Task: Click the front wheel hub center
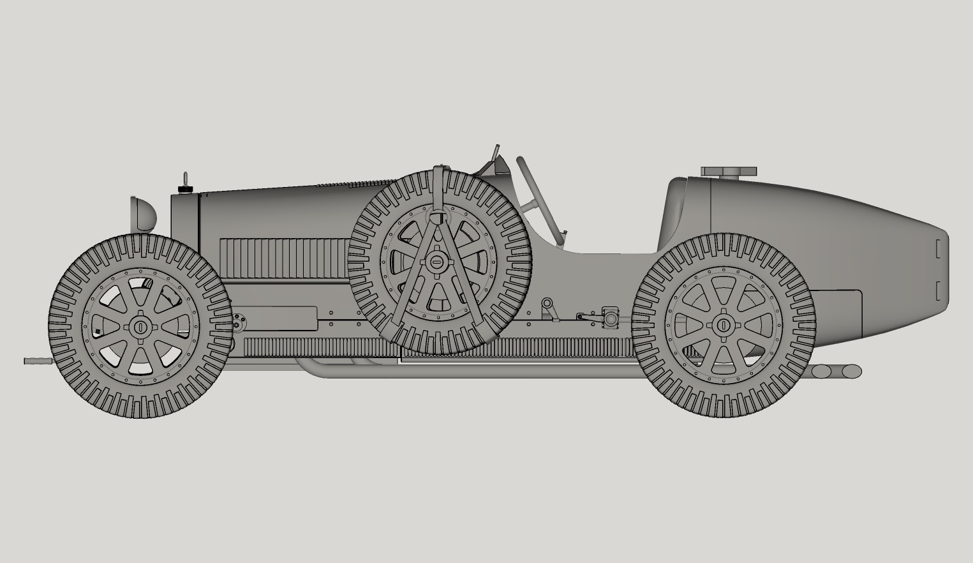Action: pyautogui.click(x=140, y=326)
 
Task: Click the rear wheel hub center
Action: pyautogui.click(x=724, y=325)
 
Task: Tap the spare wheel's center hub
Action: pyautogui.click(x=438, y=260)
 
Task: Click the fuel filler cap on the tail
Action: pyautogui.click(x=729, y=172)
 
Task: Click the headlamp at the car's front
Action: pyautogui.click(x=144, y=214)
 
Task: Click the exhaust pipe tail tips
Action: pyautogui.click(x=836, y=371)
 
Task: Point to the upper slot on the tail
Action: pyautogui.click(x=938, y=248)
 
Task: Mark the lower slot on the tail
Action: pyautogui.click(x=938, y=290)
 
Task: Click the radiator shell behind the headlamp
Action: pyautogui.click(x=185, y=220)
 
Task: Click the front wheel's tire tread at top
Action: pyautogui.click(x=140, y=243)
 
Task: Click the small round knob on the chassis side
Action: pyautogui.click(x=547, y=303)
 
